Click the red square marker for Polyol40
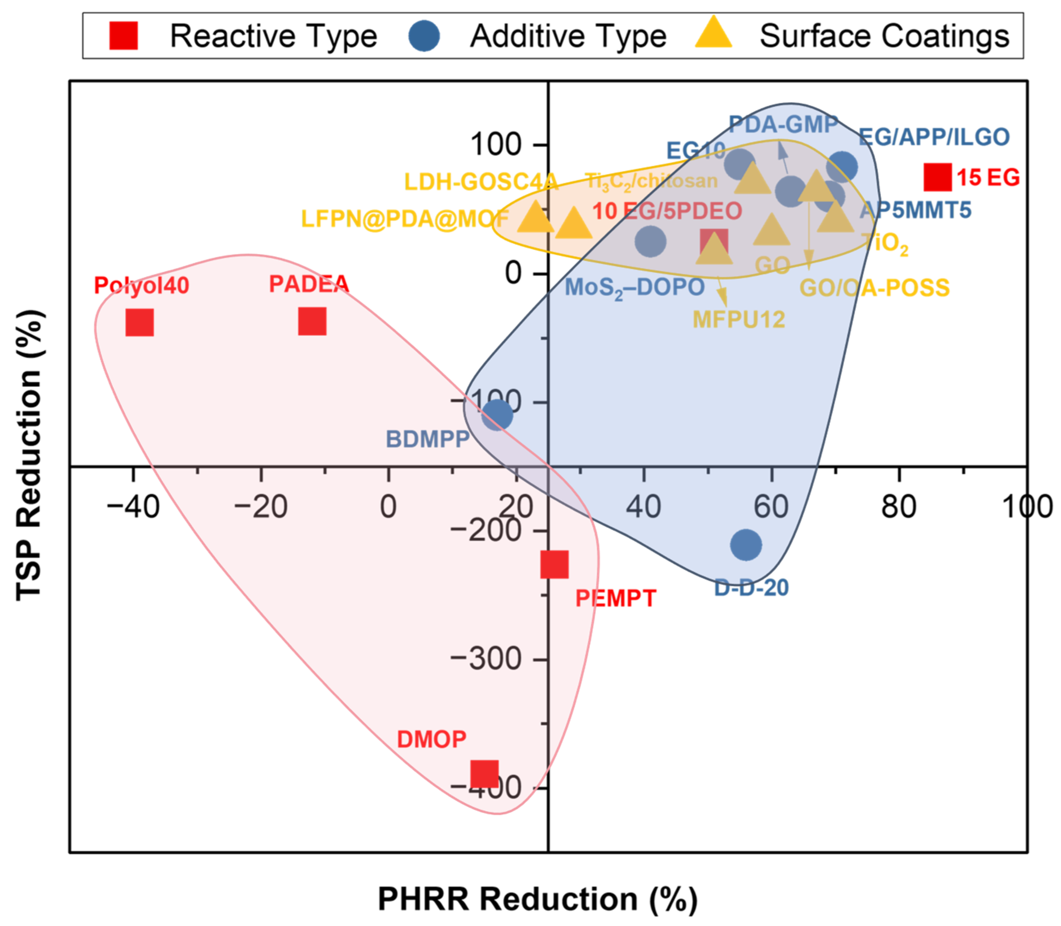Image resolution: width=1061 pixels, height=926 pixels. click(140, 322)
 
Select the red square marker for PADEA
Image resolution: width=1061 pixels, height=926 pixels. click(312, 321)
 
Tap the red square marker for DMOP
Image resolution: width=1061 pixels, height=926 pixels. click(484, 774)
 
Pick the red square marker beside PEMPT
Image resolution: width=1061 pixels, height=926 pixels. click(554, 564)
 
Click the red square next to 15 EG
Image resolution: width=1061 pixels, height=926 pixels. click(937, 177)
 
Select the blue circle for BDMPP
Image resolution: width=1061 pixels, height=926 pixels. click(497, 415)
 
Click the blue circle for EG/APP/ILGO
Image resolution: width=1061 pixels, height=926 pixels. click(842, 167)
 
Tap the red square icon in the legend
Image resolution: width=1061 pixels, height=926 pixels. click(124, 36)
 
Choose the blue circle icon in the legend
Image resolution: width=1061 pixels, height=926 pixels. click(424, 36)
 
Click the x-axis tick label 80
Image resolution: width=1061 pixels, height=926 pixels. click(899, 506)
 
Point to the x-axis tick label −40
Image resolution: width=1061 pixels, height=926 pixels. click(133, 506)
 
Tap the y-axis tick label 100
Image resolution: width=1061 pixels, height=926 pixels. click(495, 144)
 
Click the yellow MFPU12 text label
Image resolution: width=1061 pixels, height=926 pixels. click(739, 319)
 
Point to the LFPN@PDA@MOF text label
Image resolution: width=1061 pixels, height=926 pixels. click(405, 219)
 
